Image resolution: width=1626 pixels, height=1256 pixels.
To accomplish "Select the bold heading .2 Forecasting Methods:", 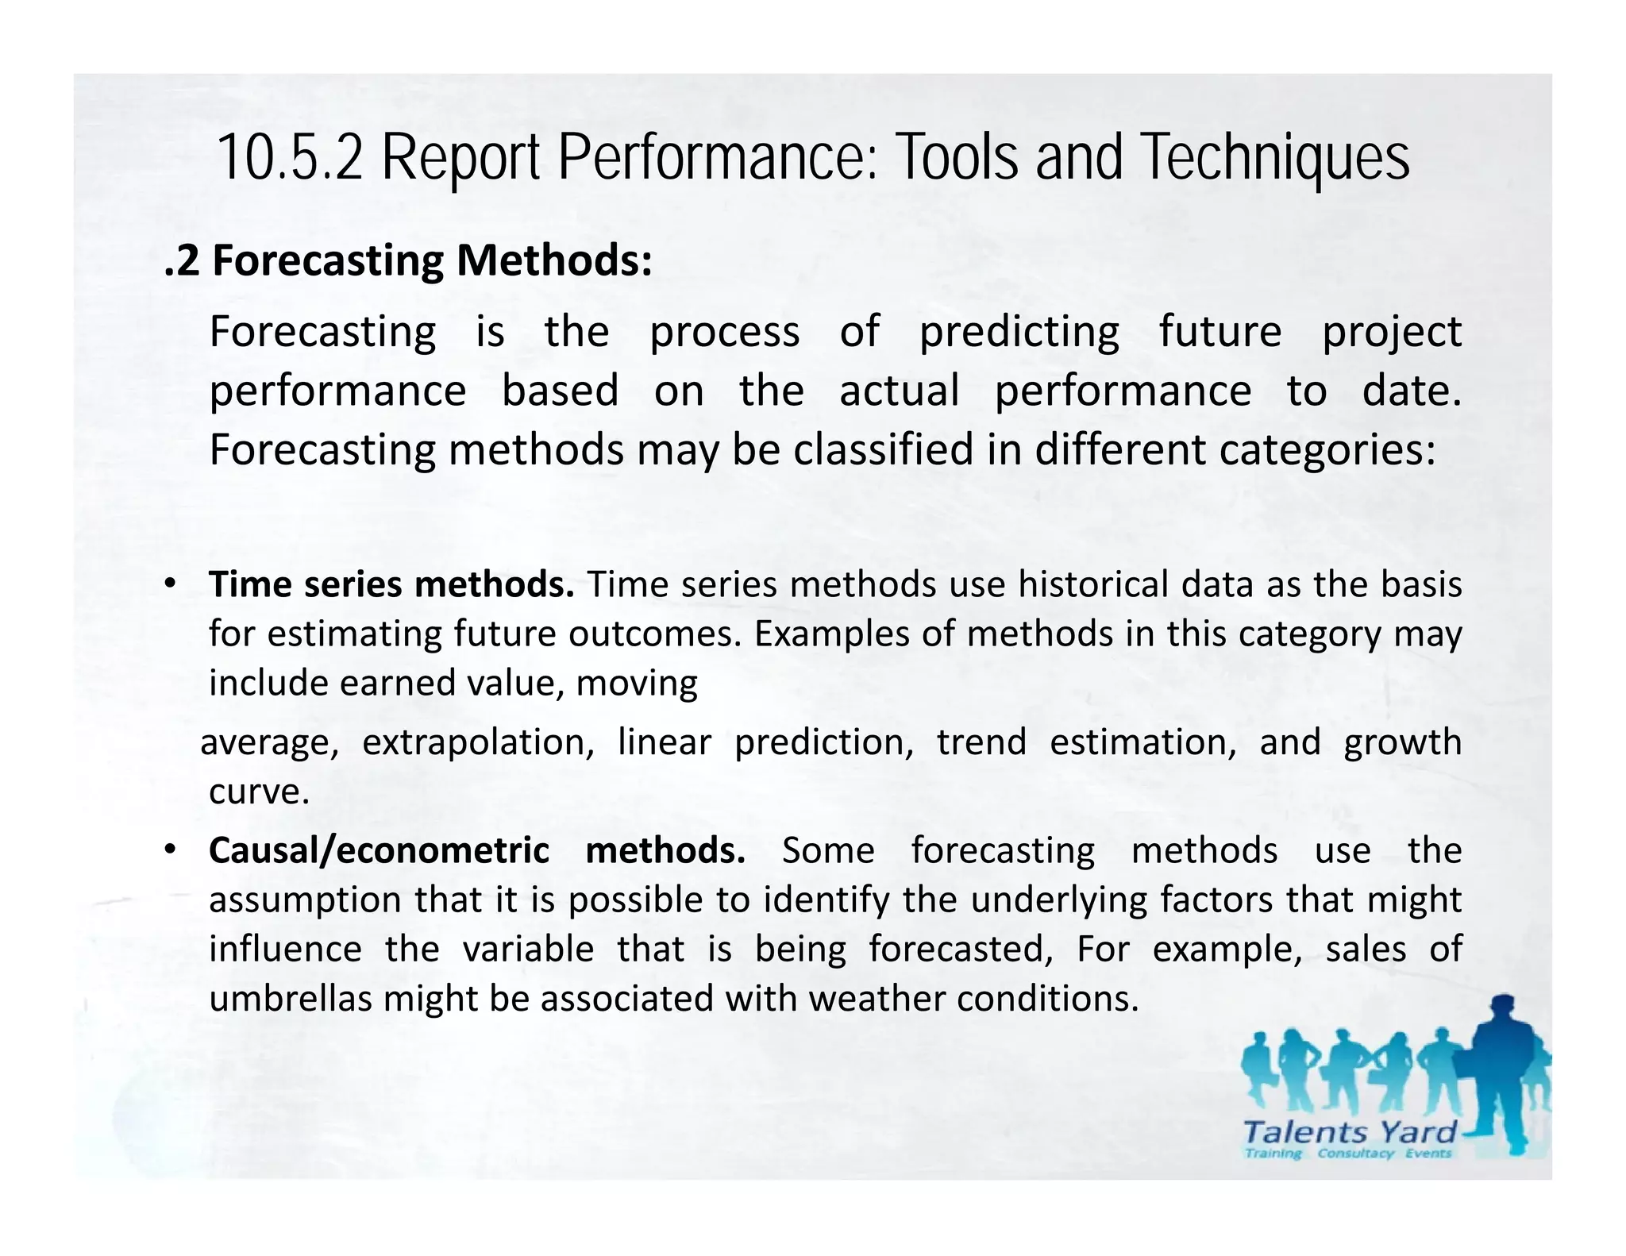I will [x=408, y=260].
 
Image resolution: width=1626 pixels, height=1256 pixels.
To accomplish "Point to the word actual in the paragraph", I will [x=899, y=391].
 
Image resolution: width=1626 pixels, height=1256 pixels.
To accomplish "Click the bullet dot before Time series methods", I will [x=170, y=584].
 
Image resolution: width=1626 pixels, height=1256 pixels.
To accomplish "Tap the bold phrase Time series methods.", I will [x=391, y=584].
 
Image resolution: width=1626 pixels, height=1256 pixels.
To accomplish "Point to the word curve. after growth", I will [x=259, y=792].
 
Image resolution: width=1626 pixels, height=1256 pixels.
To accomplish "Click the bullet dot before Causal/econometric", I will [x=170, y=850].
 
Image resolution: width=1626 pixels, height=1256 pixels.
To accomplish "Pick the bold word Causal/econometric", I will [x=379, y=850].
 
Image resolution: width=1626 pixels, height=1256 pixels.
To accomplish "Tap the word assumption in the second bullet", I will [x=305, y=900].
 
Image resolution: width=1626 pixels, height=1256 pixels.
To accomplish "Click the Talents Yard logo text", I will [x=1349, y=1131].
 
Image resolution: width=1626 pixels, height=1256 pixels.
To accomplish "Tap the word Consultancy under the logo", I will [x=1355, y=1153].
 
